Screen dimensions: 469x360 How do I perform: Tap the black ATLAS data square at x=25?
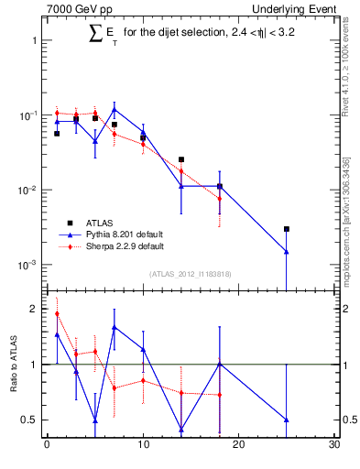pyautogui.click(x=287, y=229)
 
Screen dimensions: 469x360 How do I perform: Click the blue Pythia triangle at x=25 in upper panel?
pyautogui.click(x=287, y=251)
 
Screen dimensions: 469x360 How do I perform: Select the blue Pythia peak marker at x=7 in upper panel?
pyautogui.click(x=114, y=109)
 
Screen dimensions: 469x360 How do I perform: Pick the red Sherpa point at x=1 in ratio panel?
pyautogui.click(x=57, y=313)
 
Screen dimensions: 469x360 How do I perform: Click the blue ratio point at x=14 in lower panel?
pyautogui.click(x=181, y=429)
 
